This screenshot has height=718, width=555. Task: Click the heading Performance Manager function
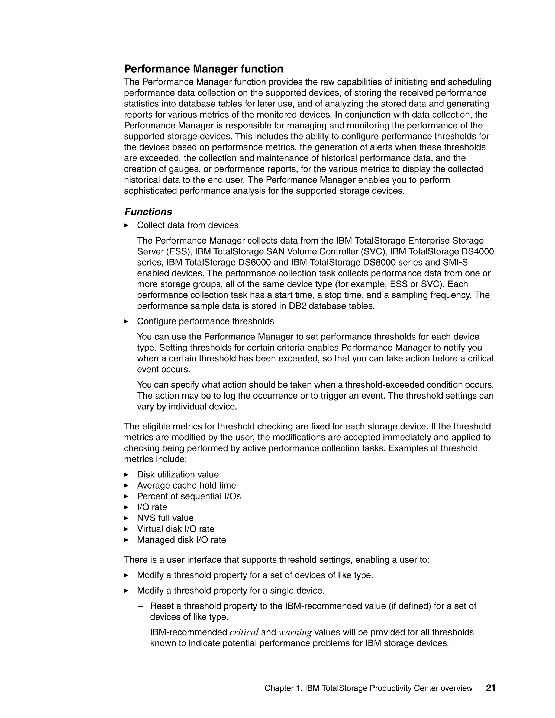click(x=204, y=69)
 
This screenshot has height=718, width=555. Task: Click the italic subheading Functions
click(x=148, y=212)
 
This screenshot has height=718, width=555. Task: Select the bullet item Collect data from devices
click(x=188, y=225)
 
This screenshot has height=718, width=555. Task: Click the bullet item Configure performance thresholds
click(x=205, y=321)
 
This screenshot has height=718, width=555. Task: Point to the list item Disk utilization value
click(x=178, y=474)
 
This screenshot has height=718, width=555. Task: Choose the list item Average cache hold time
click(x=186, y=485)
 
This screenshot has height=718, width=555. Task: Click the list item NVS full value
click(x=165, y=518)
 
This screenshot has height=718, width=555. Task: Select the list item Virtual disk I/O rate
click(x=175, y=529)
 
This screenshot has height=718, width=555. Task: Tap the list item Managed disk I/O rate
click(x=181, y=539)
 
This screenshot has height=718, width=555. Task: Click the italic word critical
click(x=244, y=632)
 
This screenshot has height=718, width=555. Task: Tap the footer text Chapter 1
click(x=283, y=688)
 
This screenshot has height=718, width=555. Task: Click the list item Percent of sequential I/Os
click(x=189, y=496)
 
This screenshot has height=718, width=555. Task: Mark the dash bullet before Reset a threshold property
click(x=141, y=606)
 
